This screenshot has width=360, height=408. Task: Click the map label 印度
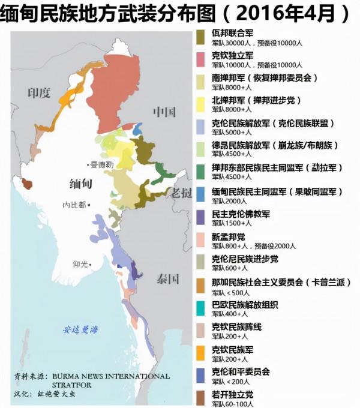[38, 93]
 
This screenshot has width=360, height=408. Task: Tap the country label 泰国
[168, 279]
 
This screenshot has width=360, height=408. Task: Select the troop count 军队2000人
[229, 201]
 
